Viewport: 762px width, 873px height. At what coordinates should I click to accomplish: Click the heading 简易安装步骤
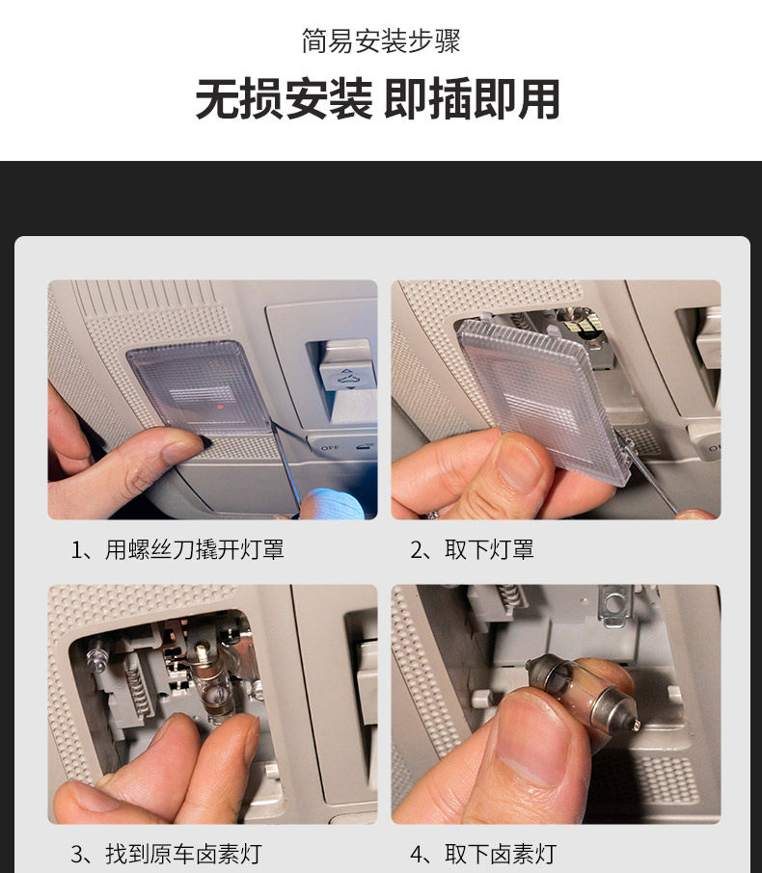point(381,41)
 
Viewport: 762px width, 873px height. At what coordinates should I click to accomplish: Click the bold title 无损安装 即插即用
point(377,99)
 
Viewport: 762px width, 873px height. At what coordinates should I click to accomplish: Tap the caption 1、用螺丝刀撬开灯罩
point(177,549)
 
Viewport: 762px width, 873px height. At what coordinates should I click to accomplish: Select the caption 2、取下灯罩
point(472,549)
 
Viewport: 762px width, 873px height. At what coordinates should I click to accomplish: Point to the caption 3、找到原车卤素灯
point(166,854)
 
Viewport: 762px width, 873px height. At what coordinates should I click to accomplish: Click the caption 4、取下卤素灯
point(483,854)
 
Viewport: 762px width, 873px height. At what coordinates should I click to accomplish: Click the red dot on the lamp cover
point(221,407)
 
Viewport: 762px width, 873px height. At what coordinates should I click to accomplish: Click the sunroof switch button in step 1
point(346,370)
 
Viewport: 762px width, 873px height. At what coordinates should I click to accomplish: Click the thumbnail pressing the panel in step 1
point(182,449)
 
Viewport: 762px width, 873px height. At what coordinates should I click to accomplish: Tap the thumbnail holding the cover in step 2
point(519,463)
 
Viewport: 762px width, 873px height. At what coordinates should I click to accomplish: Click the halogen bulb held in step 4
point(583,691)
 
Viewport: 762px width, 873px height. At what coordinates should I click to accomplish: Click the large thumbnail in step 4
point(531,740)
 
